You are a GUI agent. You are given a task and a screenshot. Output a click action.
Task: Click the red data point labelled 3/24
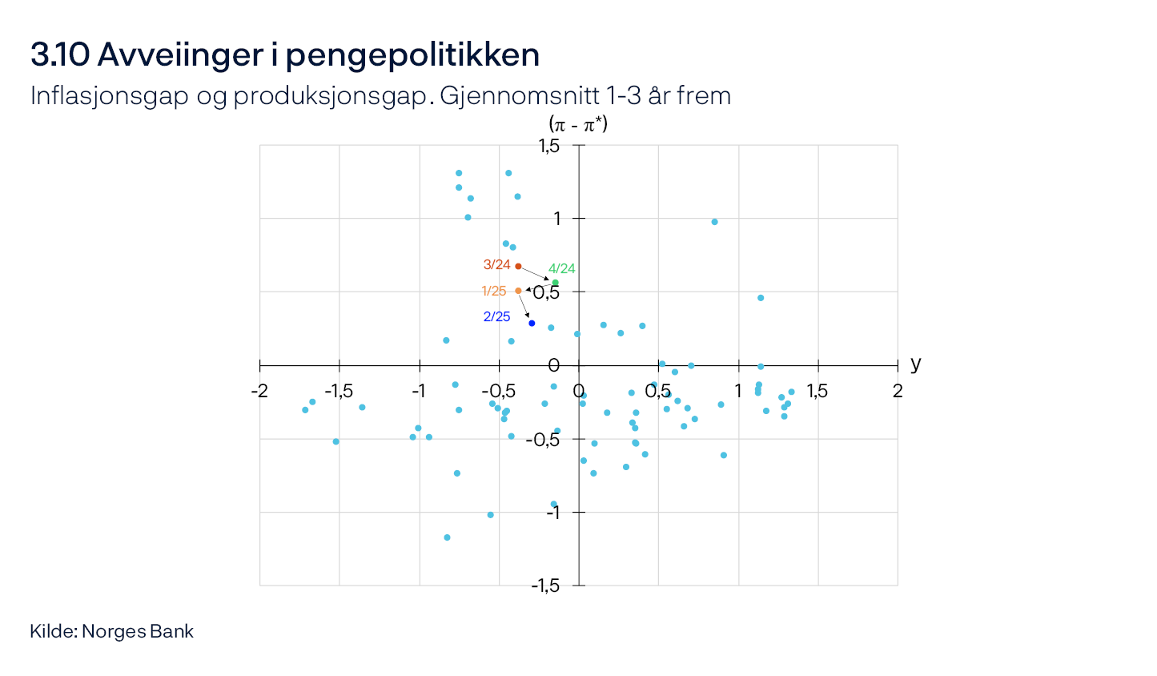click(518, 266)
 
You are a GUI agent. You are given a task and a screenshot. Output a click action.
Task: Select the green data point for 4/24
click(556, 283)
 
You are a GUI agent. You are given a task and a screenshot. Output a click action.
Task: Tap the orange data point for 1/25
click(518, 291)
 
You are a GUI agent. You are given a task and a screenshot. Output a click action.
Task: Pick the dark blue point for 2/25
click(532, 323)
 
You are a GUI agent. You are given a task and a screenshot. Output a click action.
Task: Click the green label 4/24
click(562, 269)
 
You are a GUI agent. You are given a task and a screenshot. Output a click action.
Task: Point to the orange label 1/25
click(494, 292)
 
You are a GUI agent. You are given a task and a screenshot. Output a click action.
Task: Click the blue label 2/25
click(496, 317)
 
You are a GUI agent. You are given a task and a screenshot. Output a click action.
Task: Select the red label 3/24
click(496, 265)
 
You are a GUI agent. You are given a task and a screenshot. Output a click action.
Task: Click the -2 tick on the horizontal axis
click(259, 392)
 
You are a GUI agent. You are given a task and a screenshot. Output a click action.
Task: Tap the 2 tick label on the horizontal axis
click(898, 392)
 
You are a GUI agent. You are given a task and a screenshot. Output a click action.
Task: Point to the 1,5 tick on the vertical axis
click(548, 146)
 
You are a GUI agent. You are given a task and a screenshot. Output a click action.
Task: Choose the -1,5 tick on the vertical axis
click(545, 585)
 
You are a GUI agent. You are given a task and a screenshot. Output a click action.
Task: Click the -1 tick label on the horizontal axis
click(418, 392)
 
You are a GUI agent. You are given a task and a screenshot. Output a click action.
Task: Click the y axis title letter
click(916, 364)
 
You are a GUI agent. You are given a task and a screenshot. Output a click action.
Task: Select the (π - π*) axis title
click(578, 124)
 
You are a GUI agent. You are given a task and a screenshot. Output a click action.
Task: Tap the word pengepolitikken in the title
click(412, 55)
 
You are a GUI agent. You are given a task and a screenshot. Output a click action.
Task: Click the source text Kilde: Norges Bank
click(112, 631)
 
